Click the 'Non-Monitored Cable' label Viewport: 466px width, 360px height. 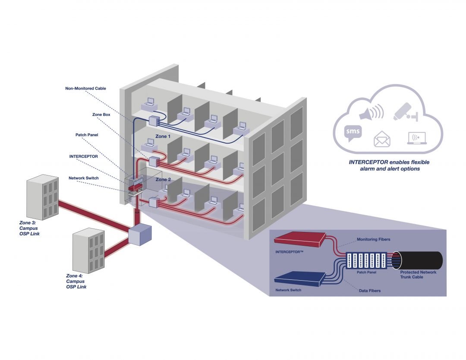85,88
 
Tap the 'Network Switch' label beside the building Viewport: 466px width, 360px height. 84,178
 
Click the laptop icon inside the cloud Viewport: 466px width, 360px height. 417,138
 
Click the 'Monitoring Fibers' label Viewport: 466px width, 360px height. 374,239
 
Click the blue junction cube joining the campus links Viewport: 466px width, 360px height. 140,235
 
